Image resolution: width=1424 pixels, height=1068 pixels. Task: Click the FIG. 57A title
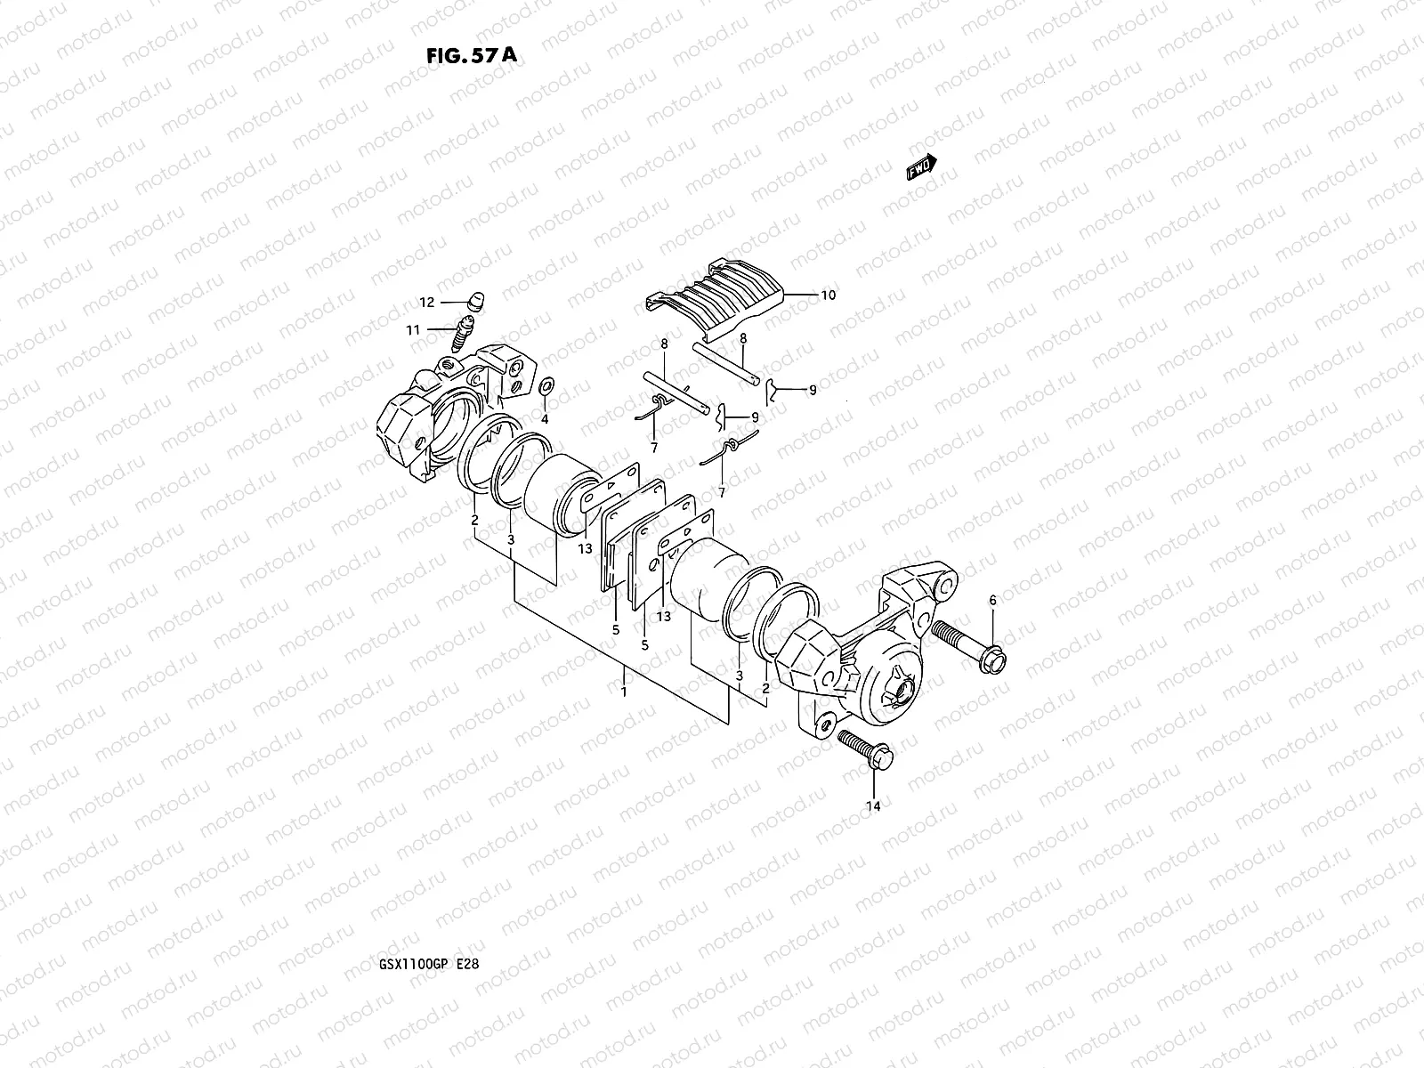click(471, 55)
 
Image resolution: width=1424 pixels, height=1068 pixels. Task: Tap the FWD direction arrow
click(921, 166)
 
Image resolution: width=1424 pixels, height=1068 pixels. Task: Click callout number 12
click(427, 303)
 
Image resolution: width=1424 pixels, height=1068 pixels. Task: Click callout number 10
click(828, 295)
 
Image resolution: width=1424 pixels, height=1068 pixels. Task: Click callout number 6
click(992, 601)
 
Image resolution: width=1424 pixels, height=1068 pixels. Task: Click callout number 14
click(873, 806)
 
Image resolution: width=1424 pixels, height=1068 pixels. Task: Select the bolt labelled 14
click(864, 749)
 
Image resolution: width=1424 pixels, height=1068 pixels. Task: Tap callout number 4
click(545, 418)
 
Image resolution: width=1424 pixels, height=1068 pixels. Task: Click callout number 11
click(413, 330)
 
